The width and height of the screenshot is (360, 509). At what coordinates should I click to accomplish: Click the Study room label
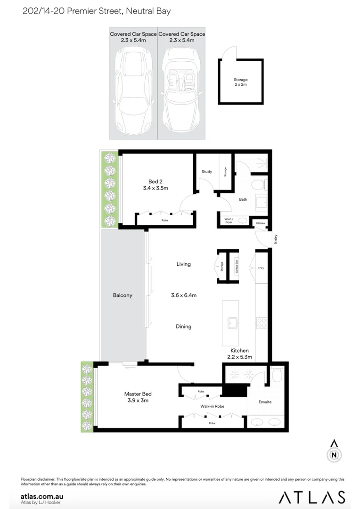point(206,172)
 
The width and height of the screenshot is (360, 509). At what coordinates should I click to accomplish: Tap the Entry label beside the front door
point(276,239)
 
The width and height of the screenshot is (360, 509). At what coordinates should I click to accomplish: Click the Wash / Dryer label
point(228,221)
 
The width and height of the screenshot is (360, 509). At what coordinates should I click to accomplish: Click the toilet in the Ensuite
point(278,375)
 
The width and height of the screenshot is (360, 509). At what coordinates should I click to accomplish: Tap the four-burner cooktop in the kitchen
point(261,323)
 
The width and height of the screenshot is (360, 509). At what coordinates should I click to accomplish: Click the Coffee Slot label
point(237,268)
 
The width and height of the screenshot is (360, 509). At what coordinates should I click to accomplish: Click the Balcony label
point(123,296)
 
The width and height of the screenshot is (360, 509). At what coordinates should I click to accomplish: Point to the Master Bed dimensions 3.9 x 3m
point(138,401)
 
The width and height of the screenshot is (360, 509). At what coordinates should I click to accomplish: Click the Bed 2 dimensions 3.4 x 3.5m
point(155,188)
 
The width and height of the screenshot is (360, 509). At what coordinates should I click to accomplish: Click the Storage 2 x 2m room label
point(240,82)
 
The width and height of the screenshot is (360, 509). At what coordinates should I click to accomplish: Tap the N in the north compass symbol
point(334,455)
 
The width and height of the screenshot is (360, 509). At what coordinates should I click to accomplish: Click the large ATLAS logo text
point(311,496)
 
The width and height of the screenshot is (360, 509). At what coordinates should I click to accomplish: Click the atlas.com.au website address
point(42,496)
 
